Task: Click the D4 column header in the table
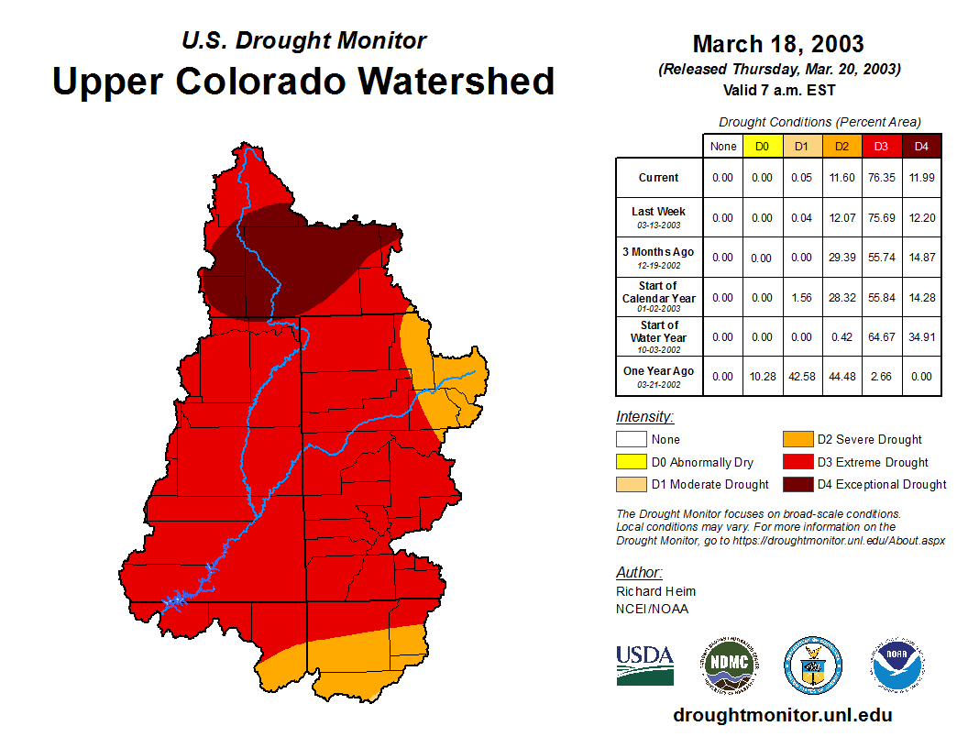(x=922, y=147)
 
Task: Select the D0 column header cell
(x=763, y=147)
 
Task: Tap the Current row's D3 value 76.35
(x=882, y=178)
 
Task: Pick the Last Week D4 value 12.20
(x=922, y=217)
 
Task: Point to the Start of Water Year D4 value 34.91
(x=922, y=337)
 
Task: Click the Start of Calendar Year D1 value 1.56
(x=802, y=297)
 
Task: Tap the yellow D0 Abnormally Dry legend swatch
(x=631, y=462)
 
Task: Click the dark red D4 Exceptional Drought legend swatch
(x=797, y=484)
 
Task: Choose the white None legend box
(x=631, y=440)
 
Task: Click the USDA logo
(x=644, y=665)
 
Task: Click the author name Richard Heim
(x=655, y=591)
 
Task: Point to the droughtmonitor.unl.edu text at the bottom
(x=782, y=715)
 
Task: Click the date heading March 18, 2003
(x=778, y=44)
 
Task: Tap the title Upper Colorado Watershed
(x=303, y=81)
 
